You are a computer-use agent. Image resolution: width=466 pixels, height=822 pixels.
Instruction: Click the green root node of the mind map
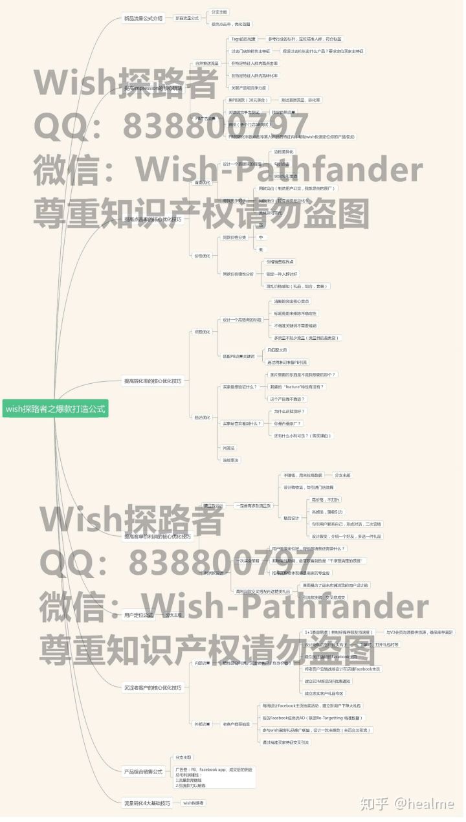pos(55,408)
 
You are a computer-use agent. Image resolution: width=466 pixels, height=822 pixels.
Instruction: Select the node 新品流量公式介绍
pos(143,18)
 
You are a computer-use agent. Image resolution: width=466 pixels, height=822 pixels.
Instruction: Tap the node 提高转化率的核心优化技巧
pos(152,381)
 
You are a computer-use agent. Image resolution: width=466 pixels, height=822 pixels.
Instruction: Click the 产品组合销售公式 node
pos(142,772)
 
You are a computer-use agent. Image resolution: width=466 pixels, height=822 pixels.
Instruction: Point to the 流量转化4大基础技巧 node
pos(147,803)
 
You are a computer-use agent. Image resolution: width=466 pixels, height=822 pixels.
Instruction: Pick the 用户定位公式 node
pos(139,615)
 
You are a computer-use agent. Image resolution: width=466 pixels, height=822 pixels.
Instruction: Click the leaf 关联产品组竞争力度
pos(249,87)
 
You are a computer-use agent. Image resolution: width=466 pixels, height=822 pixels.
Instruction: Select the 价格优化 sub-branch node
pos(203,256)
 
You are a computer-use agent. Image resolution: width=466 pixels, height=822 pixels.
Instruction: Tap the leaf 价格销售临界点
pos(280,261)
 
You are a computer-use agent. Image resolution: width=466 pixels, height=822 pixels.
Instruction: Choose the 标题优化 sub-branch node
pos(203,332)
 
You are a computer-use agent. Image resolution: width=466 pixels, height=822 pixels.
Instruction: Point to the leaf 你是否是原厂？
pos(287,423)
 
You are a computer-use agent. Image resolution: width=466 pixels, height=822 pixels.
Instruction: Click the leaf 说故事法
pos(230,460)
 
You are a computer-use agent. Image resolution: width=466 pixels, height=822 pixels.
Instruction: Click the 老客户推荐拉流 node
pos(237,724)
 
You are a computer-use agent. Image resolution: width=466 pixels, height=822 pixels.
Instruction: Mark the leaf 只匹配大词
pos(278,350)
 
